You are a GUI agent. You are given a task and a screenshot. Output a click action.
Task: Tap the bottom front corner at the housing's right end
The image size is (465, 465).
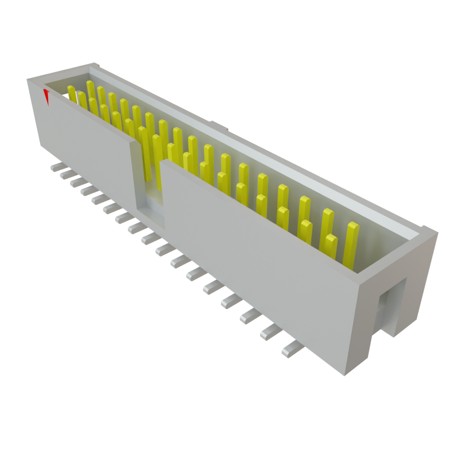[345, 375]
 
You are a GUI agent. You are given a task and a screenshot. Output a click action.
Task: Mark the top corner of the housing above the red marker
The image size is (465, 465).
[30, 80]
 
